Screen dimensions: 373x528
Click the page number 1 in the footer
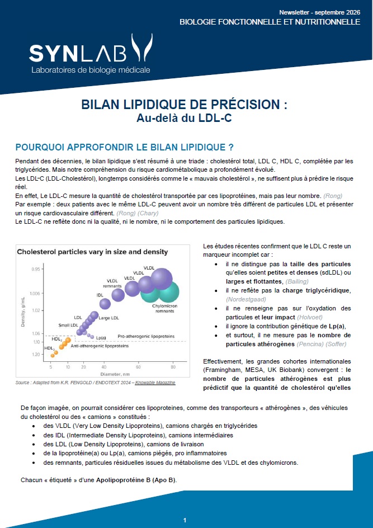pos(185,520)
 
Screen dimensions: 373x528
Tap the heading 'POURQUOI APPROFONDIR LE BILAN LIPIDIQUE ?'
pos(125,148)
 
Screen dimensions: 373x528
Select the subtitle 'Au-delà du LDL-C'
pos(184,118)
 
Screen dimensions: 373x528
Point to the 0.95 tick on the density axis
pos(35,268)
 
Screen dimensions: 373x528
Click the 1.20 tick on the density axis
pos(35,354)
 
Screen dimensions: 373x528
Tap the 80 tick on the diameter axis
pos(173,367)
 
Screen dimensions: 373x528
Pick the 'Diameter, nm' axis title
pos(115,374)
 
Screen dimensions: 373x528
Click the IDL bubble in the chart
pos(105,304)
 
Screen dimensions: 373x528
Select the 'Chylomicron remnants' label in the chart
pos(164,308)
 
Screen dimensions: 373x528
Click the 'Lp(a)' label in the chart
pos(101,337)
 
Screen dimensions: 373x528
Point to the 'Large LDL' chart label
pos(108,318)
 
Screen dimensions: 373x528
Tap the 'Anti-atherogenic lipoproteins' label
pos(100,346)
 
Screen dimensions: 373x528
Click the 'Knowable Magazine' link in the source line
pos(155,383)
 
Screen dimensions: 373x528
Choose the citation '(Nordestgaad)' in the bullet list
pos(246,299)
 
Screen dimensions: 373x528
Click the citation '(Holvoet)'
pos(310,317)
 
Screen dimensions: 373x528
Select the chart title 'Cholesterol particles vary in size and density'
pos(92,252)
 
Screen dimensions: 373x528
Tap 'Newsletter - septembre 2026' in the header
pos(319,12)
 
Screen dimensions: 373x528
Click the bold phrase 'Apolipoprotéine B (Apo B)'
pos(136,480)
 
